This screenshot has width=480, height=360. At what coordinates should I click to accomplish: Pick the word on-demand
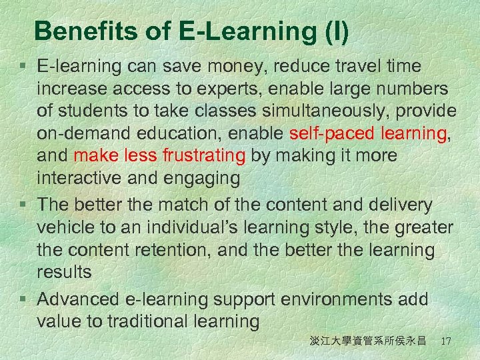click(x=80, y=133)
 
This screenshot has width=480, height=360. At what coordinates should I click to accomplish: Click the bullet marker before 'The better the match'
click(x=24, y=205)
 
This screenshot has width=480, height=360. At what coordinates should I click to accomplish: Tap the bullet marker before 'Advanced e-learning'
click(x=24, y=299)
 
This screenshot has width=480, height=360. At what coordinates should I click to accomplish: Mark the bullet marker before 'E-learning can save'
click(x=24, y=66)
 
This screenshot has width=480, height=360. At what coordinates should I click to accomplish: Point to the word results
click(x=65, y=273)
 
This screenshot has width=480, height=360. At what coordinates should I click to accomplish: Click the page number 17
click(x=446, y=341)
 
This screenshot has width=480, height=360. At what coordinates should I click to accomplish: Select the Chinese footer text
click(x=367, y=341)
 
